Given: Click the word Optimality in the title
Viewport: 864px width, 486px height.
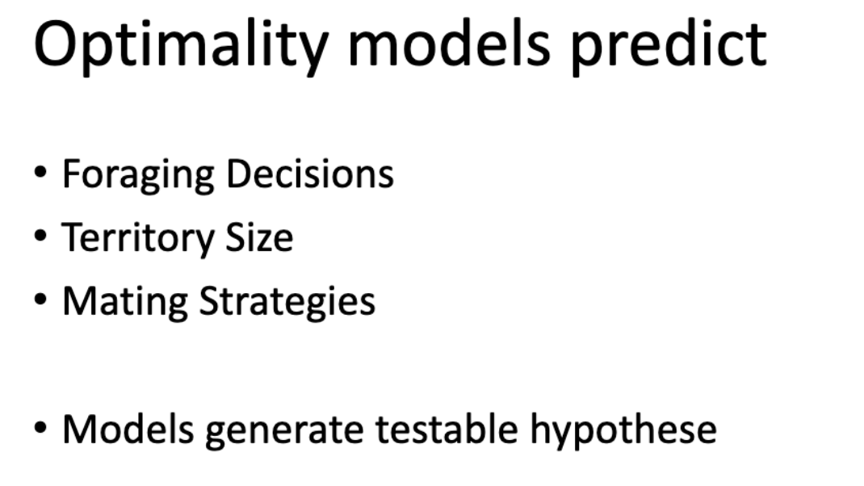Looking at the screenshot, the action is click(x=182, y=48).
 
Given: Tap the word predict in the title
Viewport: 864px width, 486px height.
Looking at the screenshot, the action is click(x=669, y=48).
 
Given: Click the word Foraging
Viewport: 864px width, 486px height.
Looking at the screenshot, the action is click(x=138, y=176).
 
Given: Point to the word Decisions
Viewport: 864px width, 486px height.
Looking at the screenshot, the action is click(x=310, y=174).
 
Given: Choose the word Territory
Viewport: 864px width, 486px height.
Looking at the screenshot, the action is click(x=136, y=239).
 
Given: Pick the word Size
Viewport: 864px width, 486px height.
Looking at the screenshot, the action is click(x=259, y=237).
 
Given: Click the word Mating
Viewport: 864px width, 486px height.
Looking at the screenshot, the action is click(x=125, y=303).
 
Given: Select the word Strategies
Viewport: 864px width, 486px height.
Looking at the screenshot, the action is click(x=287, y=303).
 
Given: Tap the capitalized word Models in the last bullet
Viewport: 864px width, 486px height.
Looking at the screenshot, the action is click(x=128, y=429).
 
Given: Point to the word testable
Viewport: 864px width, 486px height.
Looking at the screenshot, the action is click(x=447, y=429).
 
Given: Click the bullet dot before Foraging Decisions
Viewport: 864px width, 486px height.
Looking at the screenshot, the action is click(x=40, y=172).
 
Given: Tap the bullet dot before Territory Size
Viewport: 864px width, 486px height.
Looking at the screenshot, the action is click(x=40, y=235).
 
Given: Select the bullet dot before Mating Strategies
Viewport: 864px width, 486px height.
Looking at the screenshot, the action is click(x=40, y=300).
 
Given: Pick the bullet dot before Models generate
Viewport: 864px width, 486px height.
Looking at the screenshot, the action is click(x=40, y=427).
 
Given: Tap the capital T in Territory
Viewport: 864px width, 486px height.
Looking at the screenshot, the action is click(x=73, y=237).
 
